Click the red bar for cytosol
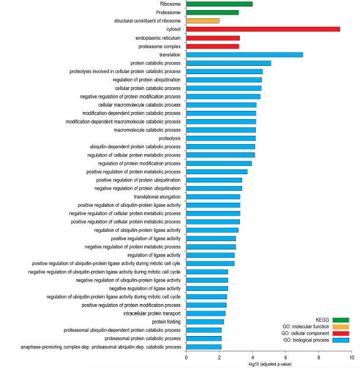[263, 29]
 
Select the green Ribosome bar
[219, 4]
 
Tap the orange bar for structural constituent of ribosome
[203, 21]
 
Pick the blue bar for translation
[245, 55]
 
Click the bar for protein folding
[205, 322]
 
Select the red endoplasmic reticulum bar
[213, 38]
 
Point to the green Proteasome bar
[212, 12]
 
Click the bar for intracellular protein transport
[206, 313]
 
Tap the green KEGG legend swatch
[341, 320]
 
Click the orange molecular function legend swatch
[341, 327]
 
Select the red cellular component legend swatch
[341, 334]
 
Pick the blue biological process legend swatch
[341, 340]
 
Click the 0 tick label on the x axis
[186, 358]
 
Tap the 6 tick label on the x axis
[285, 358]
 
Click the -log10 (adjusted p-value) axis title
[269, 364]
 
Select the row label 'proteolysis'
[169, 139]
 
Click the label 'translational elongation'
[157, 197]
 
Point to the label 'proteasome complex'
[159, 46]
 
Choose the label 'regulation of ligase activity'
[154, 255]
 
